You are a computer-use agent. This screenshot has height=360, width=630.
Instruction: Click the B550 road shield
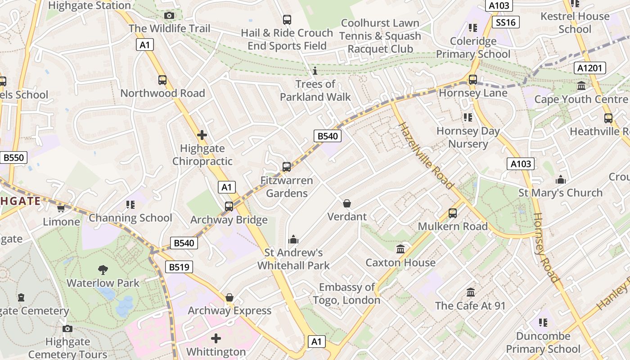pyautogui.click(x=14, y=157)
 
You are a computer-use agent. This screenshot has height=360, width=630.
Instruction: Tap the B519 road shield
pyautogui.click(x=179, y=267)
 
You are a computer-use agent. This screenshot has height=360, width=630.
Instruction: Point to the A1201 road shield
pyautogui.click(x=590, y=68)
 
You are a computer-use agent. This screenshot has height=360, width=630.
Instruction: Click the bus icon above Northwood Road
pyautogui.click(x=162, y=80)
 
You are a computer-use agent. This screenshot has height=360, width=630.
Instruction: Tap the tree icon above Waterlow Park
pyautogui.click(x=103, y=270)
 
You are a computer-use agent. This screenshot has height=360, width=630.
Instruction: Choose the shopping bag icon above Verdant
pyautogui.click(x=347, y=203)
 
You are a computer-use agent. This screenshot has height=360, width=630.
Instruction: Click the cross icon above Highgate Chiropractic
pyautogui.click(x=202, y=135)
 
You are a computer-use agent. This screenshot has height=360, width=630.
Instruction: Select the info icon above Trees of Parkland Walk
pyautogui.click(x=315, y=71)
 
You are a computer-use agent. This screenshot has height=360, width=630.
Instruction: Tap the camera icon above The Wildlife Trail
pyautogui.click(x=169, y=16)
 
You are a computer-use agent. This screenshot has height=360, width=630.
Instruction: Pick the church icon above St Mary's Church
pyautogui.click(x=561, y=180)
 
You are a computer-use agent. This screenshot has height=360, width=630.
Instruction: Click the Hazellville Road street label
pyautogui.click(x=426, y=155)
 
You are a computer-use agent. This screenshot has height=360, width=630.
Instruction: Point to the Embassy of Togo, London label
pyautogui.click(x=346, y=293)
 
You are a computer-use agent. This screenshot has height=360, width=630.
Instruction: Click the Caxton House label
pyautogui.click(x=400, y=262)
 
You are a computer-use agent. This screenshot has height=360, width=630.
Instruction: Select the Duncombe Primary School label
pyautogui.click(x=543, y=342)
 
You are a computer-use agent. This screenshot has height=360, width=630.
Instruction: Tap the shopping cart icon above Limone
pyautogui.click(x=61, y=208)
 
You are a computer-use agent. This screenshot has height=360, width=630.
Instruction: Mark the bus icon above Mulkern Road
pyautogui.click(x=453, y=213)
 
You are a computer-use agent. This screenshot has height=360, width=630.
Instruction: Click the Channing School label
pyautogui.click(x=130, y=218)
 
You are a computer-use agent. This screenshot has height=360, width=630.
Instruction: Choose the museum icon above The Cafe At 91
pyautogui.click(x=471, y=292)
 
